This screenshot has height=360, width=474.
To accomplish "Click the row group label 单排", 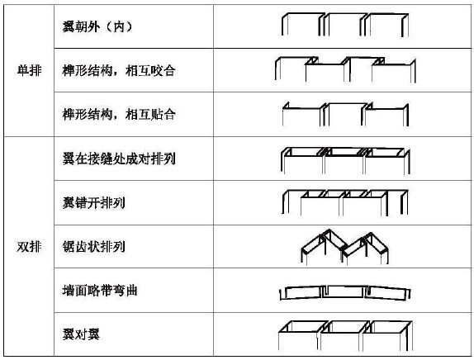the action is tap(30, 71).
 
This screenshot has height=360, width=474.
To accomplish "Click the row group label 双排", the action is tap(30, 247).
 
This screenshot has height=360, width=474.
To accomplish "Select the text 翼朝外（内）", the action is tap(97, 26).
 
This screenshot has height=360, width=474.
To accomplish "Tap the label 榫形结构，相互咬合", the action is tap(119, 71).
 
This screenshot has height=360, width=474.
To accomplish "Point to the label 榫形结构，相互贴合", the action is tap(119, 114).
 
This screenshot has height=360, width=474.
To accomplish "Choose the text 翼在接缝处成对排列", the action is tap(119, 159).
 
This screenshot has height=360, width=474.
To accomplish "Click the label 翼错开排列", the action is tap(93, 202).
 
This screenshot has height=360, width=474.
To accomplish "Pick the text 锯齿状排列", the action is tap(93, 247).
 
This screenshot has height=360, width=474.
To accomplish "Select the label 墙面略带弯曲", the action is tap(100, 291).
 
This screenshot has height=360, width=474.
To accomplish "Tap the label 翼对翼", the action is tap(81, 334).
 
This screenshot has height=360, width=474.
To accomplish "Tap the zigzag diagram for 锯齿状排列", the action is tap(344, 246).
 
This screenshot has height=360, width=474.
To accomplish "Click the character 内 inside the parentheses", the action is tap(119, 26).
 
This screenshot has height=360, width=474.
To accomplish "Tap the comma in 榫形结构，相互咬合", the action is tap(118, 73).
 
